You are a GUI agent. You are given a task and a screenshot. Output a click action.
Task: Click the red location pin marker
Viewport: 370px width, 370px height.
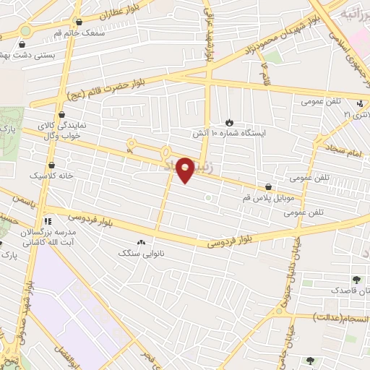pyautogui.click(x=186, y=169)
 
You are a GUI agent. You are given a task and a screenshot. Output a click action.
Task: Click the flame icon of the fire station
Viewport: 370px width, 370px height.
pyautogui.click(x=230, y=122)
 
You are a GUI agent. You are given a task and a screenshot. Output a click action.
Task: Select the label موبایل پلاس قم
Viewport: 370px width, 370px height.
pyautogui.click(x=268, y=197)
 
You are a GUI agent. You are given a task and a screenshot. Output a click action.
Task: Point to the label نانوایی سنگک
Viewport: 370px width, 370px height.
pyautogui.click(x=141, y=254)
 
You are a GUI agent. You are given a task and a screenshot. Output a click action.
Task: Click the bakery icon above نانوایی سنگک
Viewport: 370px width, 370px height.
pyautogui.click(x=141, y=244)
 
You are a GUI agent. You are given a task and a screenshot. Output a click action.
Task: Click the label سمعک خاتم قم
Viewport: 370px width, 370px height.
pyautogui.click(x=79, y=33)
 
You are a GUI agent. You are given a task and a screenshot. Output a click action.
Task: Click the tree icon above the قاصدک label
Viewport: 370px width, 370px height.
pyautogui.click(x=355, y=280)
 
